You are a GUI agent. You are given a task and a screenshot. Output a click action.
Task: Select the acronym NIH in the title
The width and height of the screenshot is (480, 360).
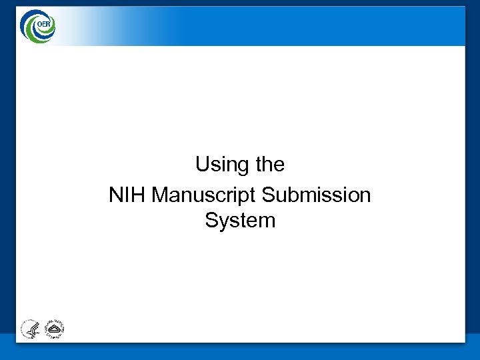(x=127, y=195)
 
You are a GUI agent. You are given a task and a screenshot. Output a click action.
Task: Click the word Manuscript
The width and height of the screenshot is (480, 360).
(x=205, y=195)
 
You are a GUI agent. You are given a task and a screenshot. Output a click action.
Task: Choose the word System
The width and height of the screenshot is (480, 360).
(x=240, y=221)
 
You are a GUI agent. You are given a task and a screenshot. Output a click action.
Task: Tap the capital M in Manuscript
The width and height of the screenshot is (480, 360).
(x=161, y=195)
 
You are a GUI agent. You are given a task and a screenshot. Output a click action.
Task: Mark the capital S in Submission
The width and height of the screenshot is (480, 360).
(x=268, y=195)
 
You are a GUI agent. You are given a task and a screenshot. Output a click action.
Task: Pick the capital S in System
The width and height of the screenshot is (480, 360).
(x=211, y=221)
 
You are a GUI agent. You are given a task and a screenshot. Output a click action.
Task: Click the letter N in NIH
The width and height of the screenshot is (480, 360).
(x=116, y=195)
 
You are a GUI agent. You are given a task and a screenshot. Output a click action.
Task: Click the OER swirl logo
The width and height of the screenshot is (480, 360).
(x=37, y=27)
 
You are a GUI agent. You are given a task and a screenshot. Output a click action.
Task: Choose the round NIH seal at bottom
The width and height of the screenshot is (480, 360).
(x=54, y=329)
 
